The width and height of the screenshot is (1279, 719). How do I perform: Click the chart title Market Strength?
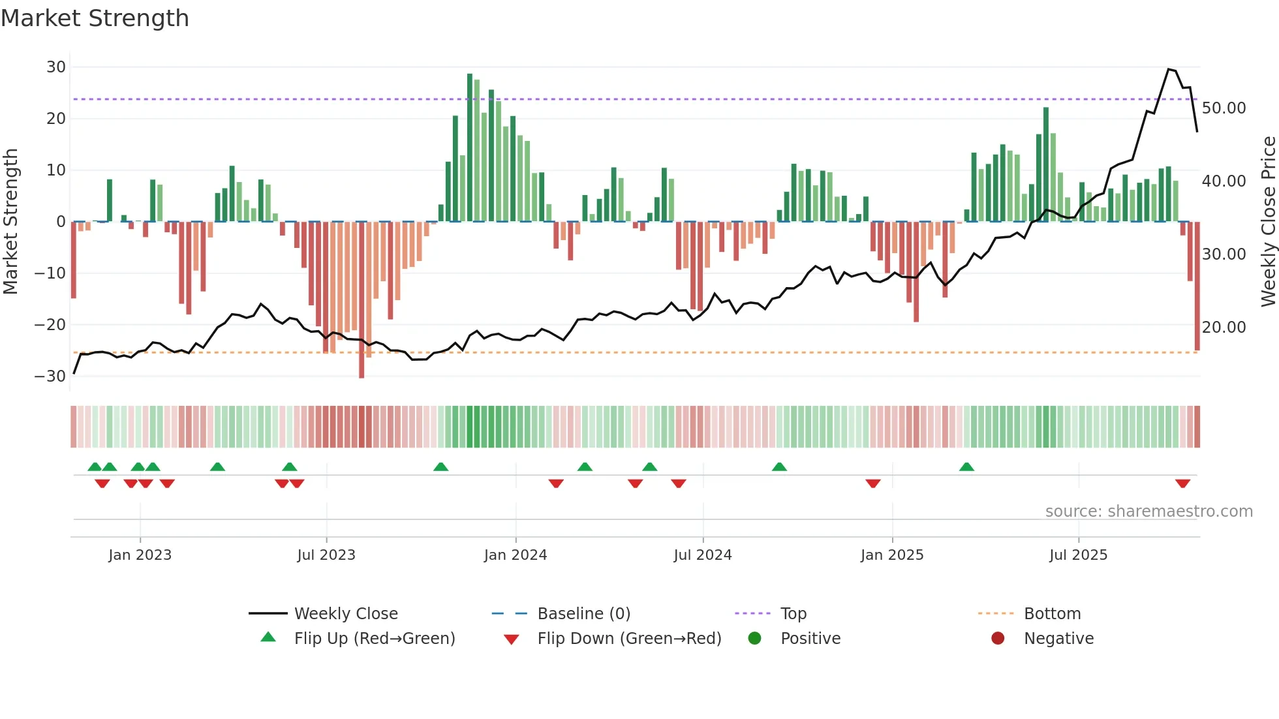coord(95,18)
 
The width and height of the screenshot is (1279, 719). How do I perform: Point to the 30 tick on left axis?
coord(56,67)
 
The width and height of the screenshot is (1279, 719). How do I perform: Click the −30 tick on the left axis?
coord(51,376)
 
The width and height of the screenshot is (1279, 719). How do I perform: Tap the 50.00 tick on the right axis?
coord(1224,108)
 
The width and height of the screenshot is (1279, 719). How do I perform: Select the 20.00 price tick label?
coord(1224,328)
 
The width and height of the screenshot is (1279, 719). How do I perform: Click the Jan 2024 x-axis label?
coord(515,555)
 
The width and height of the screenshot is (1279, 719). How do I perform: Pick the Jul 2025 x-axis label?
coord(1078,555)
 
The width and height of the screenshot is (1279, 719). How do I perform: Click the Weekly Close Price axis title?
coord(1268,222)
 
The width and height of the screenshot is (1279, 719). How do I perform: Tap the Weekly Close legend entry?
coord(345,614)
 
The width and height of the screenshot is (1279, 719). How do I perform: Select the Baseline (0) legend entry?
coord(583,614)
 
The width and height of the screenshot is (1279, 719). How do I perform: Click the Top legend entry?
coord(793,614)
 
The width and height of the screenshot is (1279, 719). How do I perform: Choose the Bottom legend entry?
coord(1052,614)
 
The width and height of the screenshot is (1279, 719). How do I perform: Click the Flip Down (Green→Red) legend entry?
coord(629,639)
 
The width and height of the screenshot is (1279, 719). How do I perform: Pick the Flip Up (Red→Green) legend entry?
coord(374,639)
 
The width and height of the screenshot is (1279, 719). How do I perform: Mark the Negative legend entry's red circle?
coord(998,639)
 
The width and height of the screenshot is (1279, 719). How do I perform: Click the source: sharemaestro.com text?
coord(1148,512)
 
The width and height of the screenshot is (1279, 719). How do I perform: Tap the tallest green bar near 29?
coord(470,147)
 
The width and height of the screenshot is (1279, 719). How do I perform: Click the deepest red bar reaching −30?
coord(362,300)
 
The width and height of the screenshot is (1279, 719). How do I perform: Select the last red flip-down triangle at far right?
coord(1182,483)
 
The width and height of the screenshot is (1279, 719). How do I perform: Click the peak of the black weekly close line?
coord(1169,69)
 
